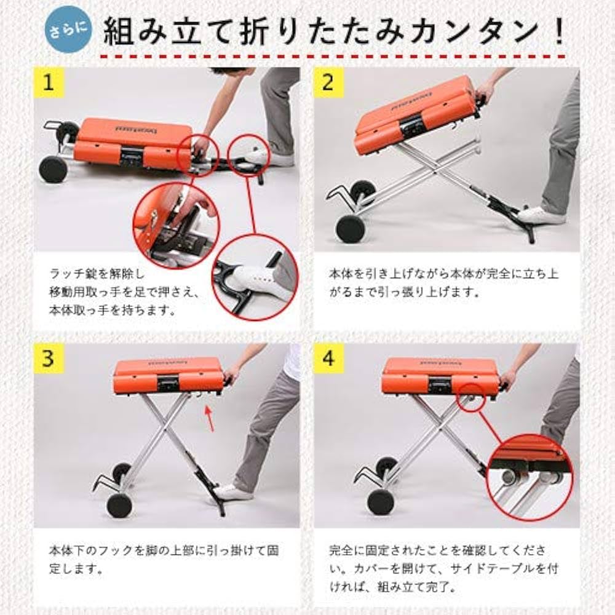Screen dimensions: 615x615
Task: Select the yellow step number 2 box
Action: [x=328, y=83]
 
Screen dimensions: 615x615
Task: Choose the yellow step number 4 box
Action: [x=328, y=359]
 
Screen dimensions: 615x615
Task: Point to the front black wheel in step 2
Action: [x=350, y=228]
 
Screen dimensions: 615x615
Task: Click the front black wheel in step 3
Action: [x=119, y=505]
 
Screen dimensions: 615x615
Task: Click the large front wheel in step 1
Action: [x=53, y=169]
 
